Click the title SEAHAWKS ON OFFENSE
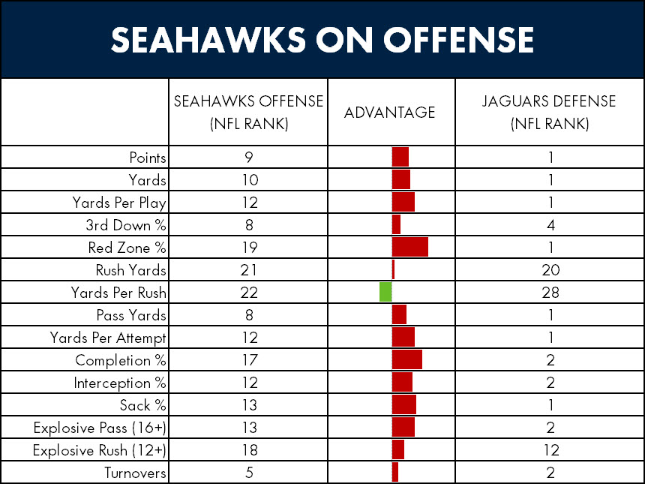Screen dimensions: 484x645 (x=322, y=40)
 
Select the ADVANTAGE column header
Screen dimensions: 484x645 (x=390, y=113)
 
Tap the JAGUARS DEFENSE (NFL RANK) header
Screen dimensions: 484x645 (x=549, y=113)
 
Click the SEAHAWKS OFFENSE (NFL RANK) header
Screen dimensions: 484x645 (x=248, y=113)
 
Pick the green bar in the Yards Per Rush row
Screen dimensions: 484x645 (x=385, y=293)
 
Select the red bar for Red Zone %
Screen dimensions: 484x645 (x=410, y=248)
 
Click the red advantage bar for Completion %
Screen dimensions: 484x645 (x=407, y=360)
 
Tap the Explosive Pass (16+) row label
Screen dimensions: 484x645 (x=100, y=428)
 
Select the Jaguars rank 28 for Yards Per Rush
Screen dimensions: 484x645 (x=550, y=293)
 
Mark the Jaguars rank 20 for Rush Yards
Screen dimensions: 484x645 (x=550, y=270)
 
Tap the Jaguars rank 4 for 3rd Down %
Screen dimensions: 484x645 (x=550, y=225)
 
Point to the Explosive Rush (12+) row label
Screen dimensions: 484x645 (x=100, y=450)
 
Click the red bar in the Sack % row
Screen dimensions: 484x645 (x=404, y=405)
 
